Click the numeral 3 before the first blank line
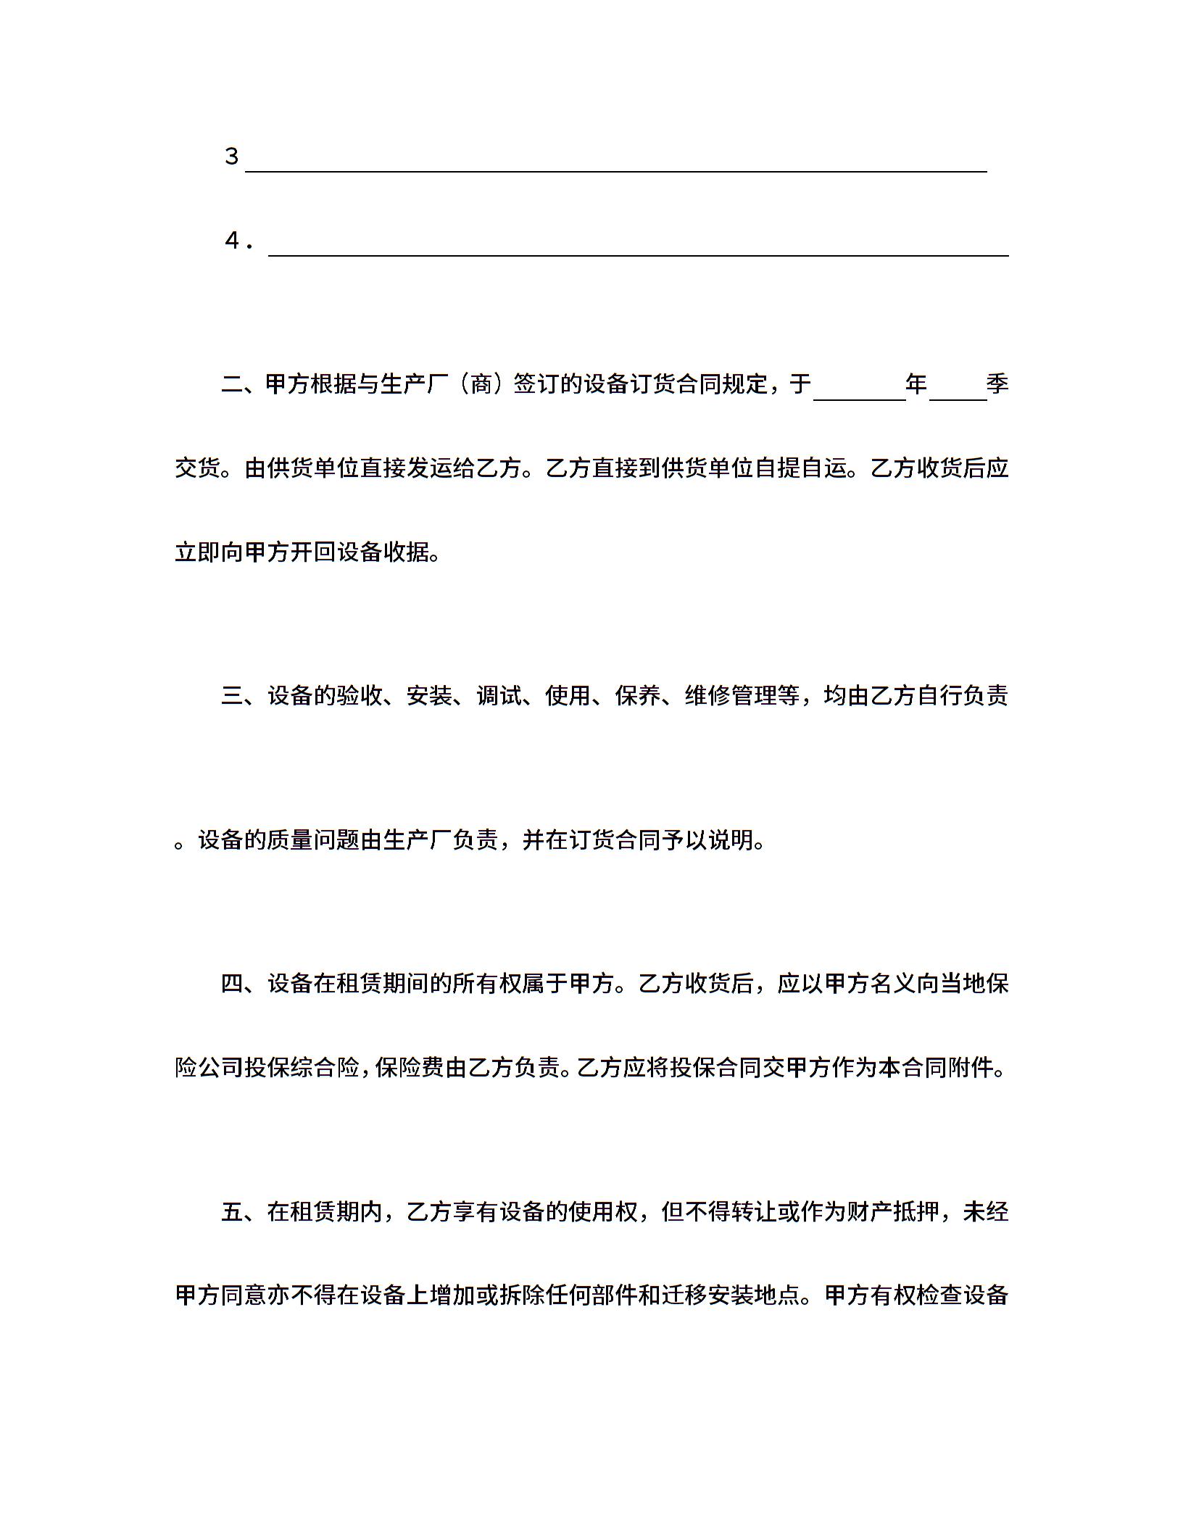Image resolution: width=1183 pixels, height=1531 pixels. [231, 157]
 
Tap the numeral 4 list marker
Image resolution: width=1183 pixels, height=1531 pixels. [233, 241]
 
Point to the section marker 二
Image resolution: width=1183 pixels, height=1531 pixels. [232, 383]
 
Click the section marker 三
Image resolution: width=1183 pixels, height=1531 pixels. [232, 696]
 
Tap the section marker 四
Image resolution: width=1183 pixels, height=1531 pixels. [232, 984]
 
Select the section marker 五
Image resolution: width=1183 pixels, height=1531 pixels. [232, 1211]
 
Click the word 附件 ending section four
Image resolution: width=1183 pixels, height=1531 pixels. [970, 1068]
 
